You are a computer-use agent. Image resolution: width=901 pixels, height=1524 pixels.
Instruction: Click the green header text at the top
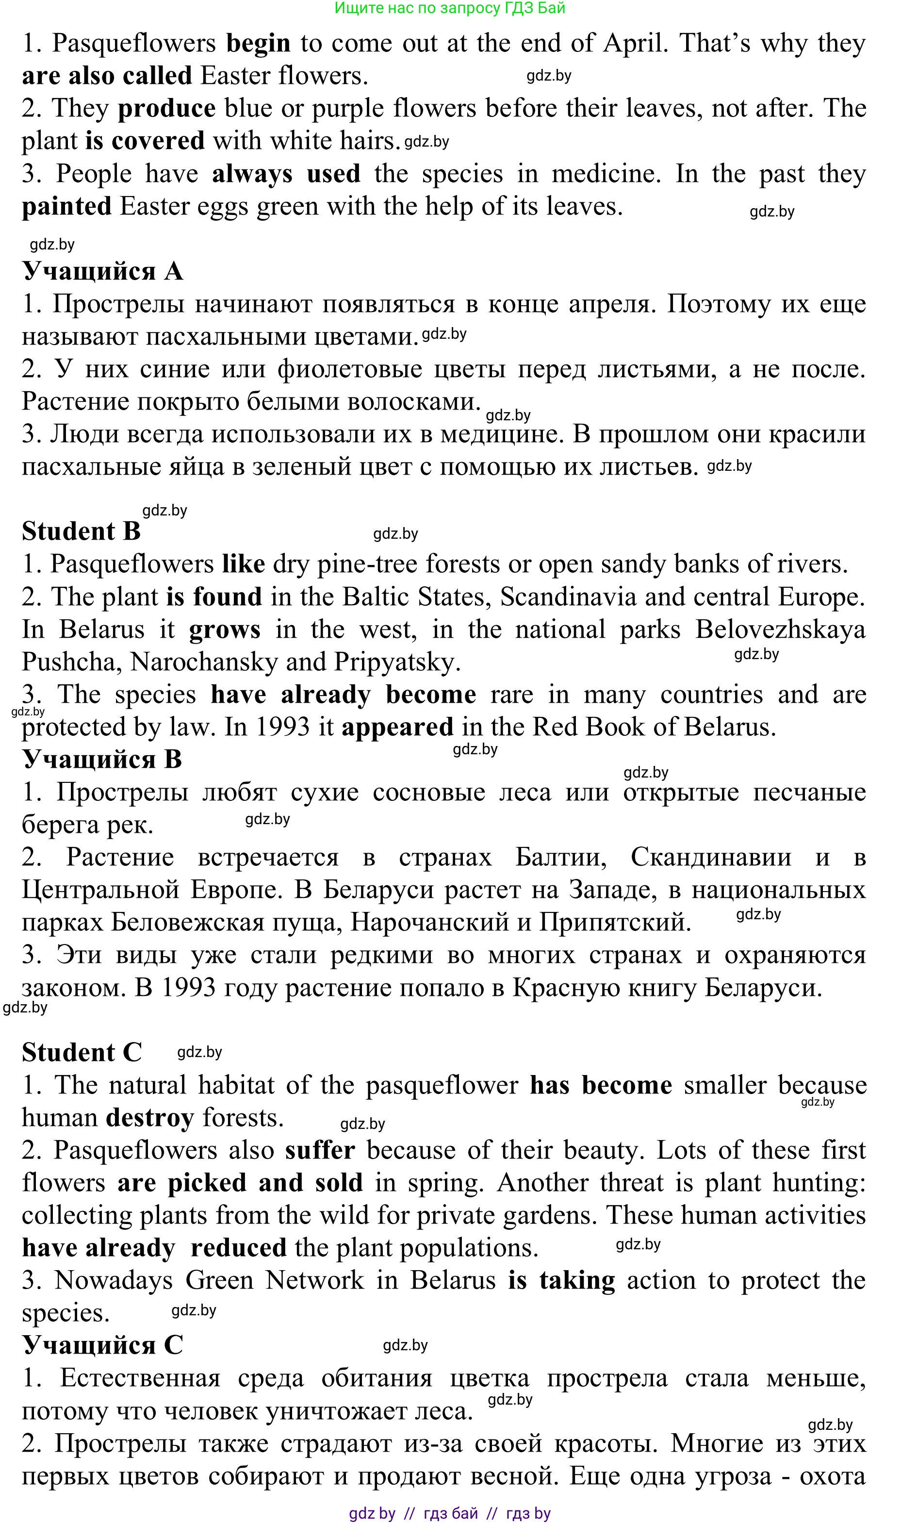450,8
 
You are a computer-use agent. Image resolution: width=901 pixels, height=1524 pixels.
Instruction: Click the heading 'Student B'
82,532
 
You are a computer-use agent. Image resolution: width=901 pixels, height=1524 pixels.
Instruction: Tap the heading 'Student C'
82,1053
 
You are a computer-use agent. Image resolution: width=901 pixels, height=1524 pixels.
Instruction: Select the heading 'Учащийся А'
102,271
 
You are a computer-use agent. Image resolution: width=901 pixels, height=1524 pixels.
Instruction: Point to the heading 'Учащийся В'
102,760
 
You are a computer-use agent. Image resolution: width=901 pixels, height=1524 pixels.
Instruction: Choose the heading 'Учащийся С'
102,1345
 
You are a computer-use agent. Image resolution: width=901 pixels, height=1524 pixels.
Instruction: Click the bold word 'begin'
258,44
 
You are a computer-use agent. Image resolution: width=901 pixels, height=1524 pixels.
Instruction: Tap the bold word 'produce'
166,109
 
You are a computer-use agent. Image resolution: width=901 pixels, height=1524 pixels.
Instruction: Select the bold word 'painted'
67,206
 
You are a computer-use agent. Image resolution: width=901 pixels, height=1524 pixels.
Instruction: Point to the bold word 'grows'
225,629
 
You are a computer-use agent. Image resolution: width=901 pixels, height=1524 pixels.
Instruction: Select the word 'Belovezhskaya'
780,629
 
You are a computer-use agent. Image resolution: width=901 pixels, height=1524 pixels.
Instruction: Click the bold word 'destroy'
150,1118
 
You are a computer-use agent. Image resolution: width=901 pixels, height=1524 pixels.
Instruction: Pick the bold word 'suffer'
320,1151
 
